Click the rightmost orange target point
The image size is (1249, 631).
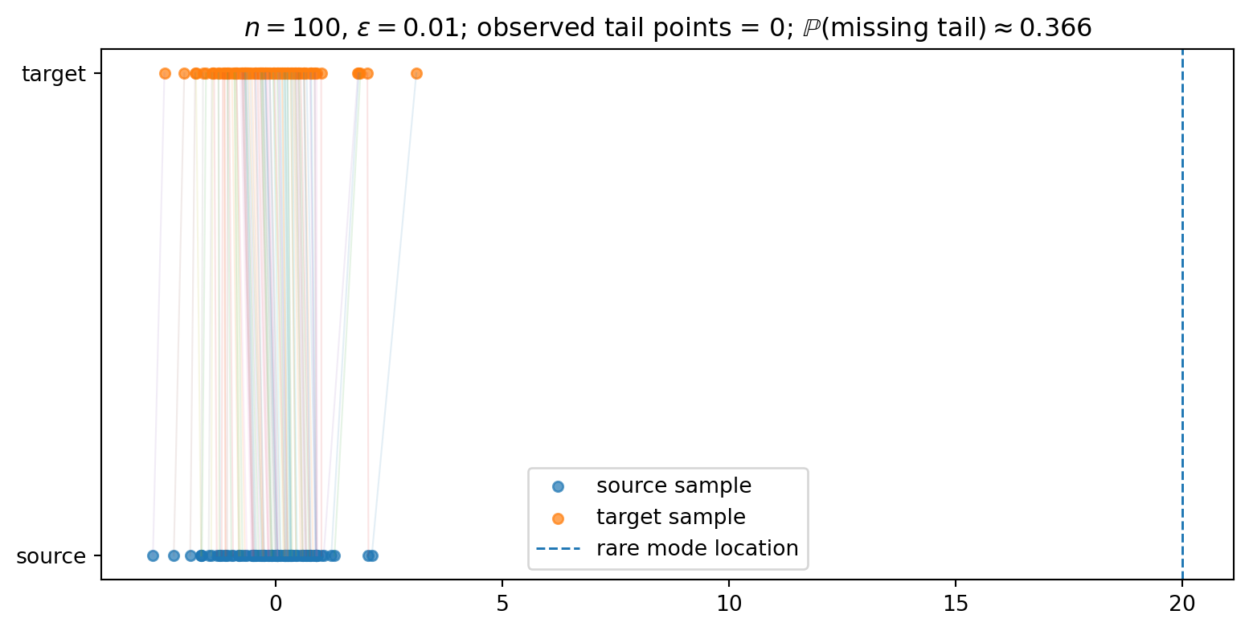point(416,74)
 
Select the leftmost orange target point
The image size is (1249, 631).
point(165,74)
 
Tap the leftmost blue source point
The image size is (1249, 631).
point(153,555)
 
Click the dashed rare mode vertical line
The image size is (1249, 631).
point(1182,314)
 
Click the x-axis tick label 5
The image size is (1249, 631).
point(502,604)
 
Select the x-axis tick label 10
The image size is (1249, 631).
point(729,604)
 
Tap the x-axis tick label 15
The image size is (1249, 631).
point(956,604)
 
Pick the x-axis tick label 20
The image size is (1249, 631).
point(1182,604)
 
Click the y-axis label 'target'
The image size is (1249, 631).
point(54,74)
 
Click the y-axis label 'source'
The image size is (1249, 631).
point(51,556)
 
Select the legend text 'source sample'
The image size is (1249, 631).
point(674,486)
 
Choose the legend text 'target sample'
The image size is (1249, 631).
point(671,518)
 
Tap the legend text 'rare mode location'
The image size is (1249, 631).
point(698,548)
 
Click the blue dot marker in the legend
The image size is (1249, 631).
point(558,487)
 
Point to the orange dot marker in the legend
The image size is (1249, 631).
point(558,519)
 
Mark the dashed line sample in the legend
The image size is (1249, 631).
point(558,549)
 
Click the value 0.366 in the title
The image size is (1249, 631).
point(1055,28)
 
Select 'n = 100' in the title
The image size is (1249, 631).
point(293,28)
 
